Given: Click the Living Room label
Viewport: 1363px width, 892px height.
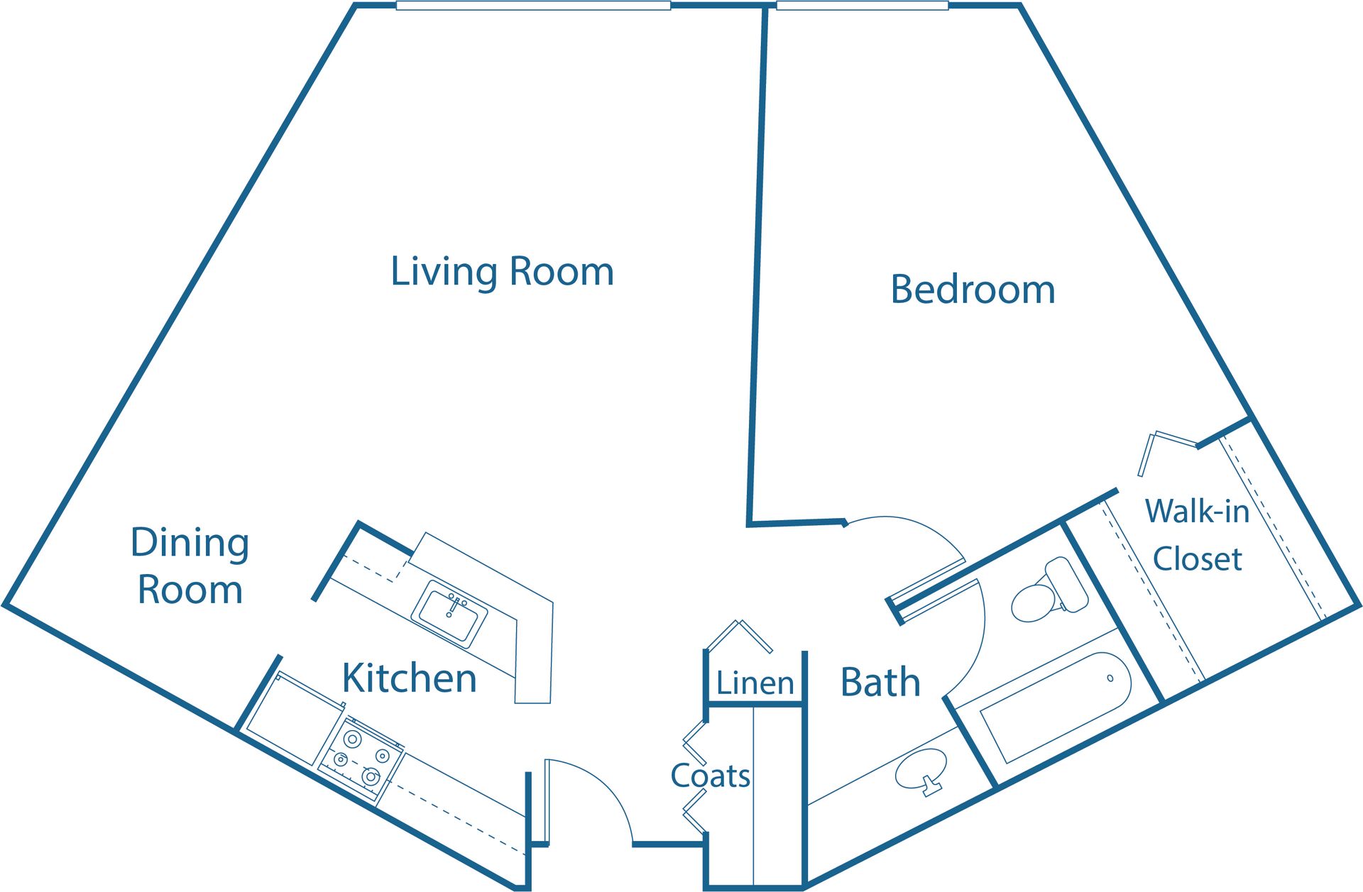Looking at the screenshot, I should click(502, 272).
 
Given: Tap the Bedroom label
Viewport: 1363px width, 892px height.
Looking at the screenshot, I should click(973, 290).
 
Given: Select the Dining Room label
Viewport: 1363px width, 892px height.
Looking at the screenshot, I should click(190, 566).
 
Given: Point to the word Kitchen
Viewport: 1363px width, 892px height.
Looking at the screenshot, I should click(409, 678).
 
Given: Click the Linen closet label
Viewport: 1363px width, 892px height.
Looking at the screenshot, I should click(755, 683).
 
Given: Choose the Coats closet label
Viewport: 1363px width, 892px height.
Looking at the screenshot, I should click(710, 776).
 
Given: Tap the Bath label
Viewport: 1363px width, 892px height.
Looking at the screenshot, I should click(880, 682).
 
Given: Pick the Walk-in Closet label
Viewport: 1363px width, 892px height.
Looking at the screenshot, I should click(1197, 534).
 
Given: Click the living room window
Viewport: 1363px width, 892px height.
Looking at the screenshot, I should click(533, 6).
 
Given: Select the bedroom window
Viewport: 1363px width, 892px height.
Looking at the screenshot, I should click(862, 6).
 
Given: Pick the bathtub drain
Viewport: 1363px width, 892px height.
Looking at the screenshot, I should click(1110, 678).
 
